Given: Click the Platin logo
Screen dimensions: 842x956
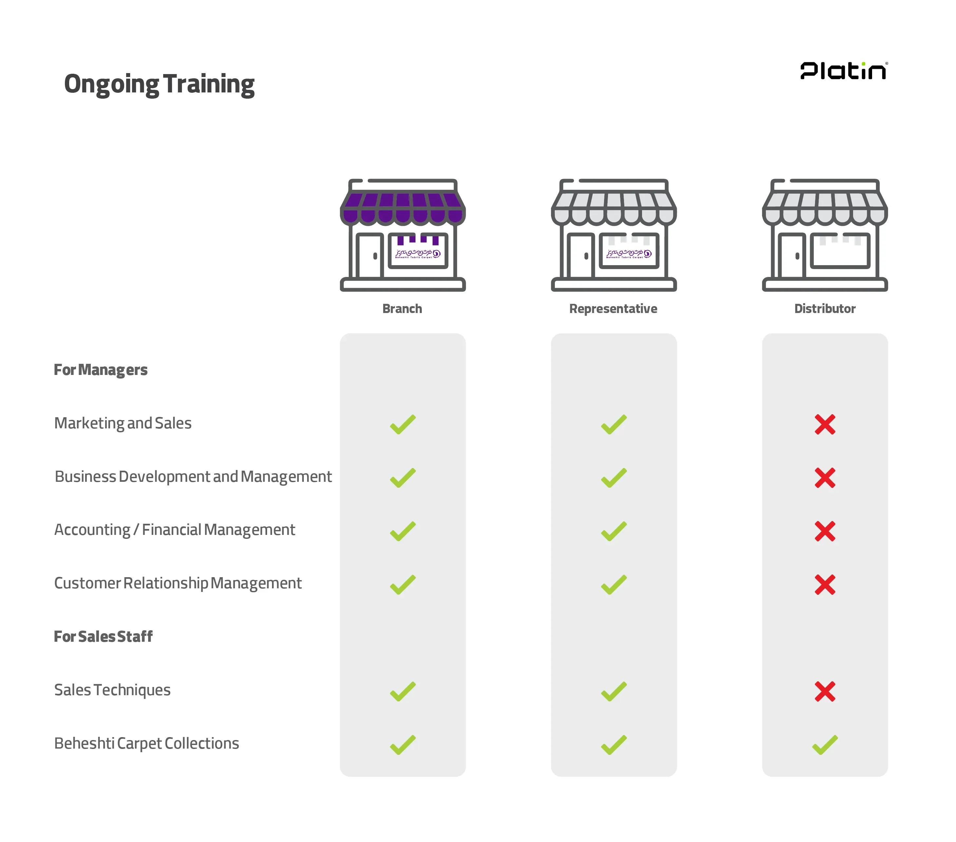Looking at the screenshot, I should click(843, 71).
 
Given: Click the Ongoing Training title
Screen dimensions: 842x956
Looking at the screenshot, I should click(159, 84).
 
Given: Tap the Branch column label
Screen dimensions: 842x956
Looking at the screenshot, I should click(402, 309).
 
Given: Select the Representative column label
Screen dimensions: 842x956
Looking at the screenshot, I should click(613, 309).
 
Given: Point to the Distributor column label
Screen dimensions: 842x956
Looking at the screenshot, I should click(825, 309).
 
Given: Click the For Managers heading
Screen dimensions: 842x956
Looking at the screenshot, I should click(101, 370).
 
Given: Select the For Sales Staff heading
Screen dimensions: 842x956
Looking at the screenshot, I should click(103, 636).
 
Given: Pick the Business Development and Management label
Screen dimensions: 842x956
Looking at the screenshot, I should click(193, 477).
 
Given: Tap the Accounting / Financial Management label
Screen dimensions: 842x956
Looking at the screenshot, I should click(174, 530).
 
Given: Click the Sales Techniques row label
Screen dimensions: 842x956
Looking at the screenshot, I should click(112, 690).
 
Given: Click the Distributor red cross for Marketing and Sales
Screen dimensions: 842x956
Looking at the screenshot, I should click(825, 424).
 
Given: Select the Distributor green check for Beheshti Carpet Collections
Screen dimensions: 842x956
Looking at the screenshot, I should click(825, 745).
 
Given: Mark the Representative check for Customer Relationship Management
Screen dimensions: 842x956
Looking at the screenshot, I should click(614, 585).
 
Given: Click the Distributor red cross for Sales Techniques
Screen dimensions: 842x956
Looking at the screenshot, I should click(825, 691).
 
